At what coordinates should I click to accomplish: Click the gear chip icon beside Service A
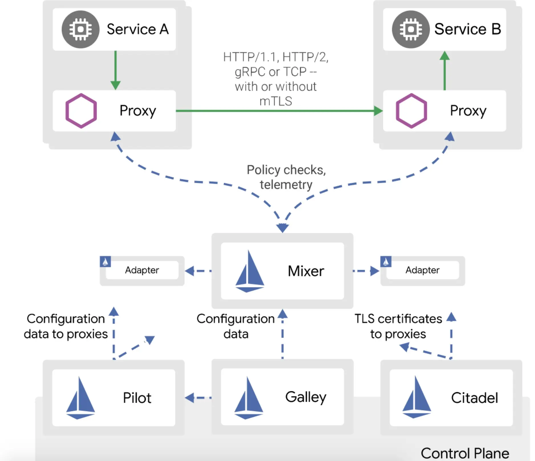81,29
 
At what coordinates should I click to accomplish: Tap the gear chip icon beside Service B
411,29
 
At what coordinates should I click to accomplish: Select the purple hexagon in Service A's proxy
81,111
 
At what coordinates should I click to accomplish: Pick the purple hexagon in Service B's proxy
411,111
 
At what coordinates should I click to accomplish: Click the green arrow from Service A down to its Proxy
115,70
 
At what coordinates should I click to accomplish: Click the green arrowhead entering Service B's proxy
378,111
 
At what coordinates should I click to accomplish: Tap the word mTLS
276,101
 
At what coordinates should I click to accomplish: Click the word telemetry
286,185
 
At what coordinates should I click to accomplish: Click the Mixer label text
306,271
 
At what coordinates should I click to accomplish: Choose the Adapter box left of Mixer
142,270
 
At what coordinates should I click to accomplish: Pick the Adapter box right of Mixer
422,270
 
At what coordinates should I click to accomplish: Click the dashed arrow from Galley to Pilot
198,398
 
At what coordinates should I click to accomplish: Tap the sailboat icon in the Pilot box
80,398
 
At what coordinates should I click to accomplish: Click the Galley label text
306,397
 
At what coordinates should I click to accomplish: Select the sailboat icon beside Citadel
417,397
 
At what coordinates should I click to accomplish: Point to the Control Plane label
465,453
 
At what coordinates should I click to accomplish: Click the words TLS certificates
398,319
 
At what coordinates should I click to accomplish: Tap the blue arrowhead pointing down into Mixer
282,228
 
